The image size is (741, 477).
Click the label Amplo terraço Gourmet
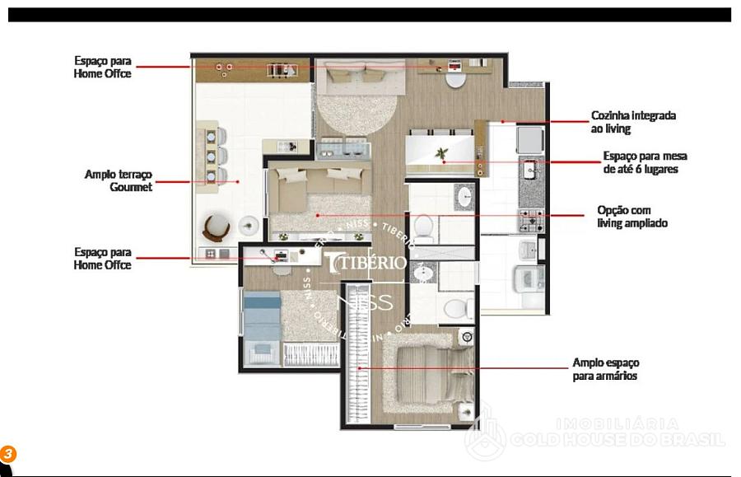coord(119,180)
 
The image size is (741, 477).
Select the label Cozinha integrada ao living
coord(633,122)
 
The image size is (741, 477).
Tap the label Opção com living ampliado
coord(631,217)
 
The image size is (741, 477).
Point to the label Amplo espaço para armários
coord(605,369)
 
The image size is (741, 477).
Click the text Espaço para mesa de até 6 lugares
coord(644,162)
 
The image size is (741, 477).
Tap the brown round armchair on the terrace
coord(216,226)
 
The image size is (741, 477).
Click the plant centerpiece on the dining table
coord(442,154)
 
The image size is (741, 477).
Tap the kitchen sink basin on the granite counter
coord(529,171)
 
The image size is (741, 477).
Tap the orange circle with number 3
coord(7,454)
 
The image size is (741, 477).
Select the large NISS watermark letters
coord(371,302)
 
